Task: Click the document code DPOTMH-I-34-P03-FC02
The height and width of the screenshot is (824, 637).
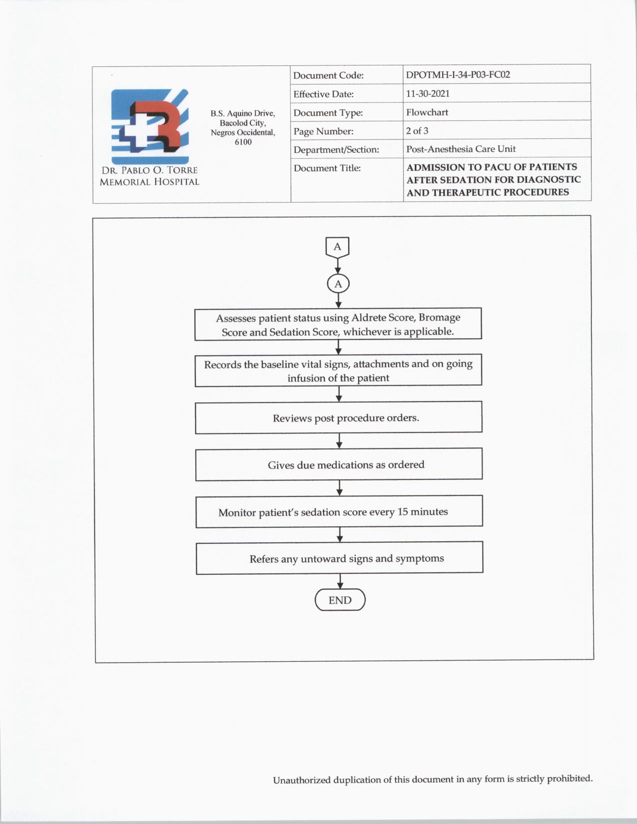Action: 458,75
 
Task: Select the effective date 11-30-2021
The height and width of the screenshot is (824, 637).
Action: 428,93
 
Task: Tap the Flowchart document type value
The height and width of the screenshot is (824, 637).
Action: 427,112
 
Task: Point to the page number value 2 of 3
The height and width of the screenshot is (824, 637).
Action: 417,131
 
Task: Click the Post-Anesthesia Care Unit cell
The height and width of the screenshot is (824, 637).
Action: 461,149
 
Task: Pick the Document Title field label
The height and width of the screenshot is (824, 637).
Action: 327,168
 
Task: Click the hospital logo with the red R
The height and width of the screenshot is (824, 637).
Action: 150,127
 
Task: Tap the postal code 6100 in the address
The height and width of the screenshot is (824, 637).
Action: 243,142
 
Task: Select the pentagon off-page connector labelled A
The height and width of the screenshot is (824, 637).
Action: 337,247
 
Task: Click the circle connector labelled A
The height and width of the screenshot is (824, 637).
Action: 338,284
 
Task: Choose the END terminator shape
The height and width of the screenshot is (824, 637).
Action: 340,600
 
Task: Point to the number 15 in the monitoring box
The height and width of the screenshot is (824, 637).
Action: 403,512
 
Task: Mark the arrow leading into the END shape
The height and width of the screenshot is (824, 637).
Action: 340,581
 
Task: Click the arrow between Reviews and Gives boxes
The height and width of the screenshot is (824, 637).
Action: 339,440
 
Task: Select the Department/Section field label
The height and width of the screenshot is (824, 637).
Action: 336,150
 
